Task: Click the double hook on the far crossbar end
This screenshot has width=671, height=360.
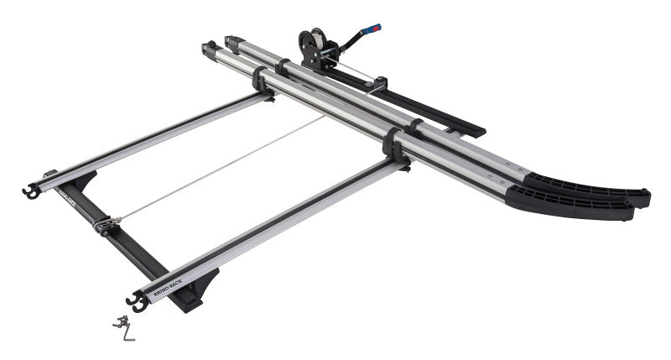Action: (x=31, y=192)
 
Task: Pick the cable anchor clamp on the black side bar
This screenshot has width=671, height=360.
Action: (x=105, y=225)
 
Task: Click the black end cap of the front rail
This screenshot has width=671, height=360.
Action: (x=208, y=50)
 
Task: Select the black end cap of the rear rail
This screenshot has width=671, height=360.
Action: (x=231, y=40)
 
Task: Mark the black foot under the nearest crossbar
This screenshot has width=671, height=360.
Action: (x=197, y=290)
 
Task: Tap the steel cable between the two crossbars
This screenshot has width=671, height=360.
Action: (x=218, y=169)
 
